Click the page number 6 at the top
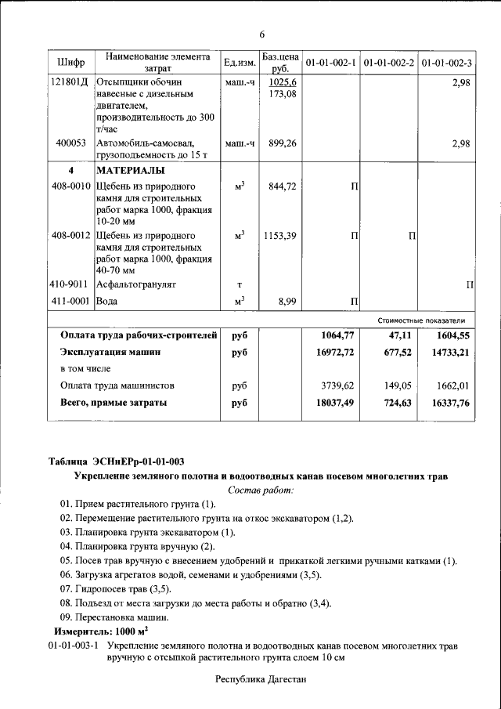tap(262, 34)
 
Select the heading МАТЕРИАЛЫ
tap(130, 170)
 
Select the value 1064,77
tap(337, 335)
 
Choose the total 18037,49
tap(334, 403)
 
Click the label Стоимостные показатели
tap(421, 320)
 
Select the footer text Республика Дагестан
tap(261, 680)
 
